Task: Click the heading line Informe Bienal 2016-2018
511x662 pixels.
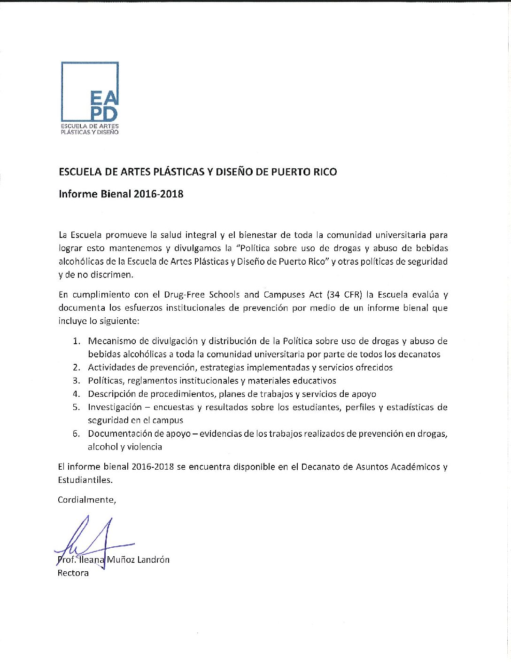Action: click(x=121, y=194)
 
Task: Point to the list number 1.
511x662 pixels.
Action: click(x=76, y=341)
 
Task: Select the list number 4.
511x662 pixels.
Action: click(x=76, y=394)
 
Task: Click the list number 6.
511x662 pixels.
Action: click(x=76, y=433)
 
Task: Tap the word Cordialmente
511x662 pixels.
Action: click(x=86, y=500)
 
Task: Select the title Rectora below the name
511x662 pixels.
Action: click(x=73, y=573)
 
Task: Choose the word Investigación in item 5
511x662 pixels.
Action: click(x=115, y=407)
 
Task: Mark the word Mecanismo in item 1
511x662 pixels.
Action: click(x=110, y=341)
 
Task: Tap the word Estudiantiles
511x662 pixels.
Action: click(x=85, y=480)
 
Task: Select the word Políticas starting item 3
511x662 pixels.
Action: click(x=105, y=381)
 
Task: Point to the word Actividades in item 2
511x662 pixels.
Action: click(x=110, y=368)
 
